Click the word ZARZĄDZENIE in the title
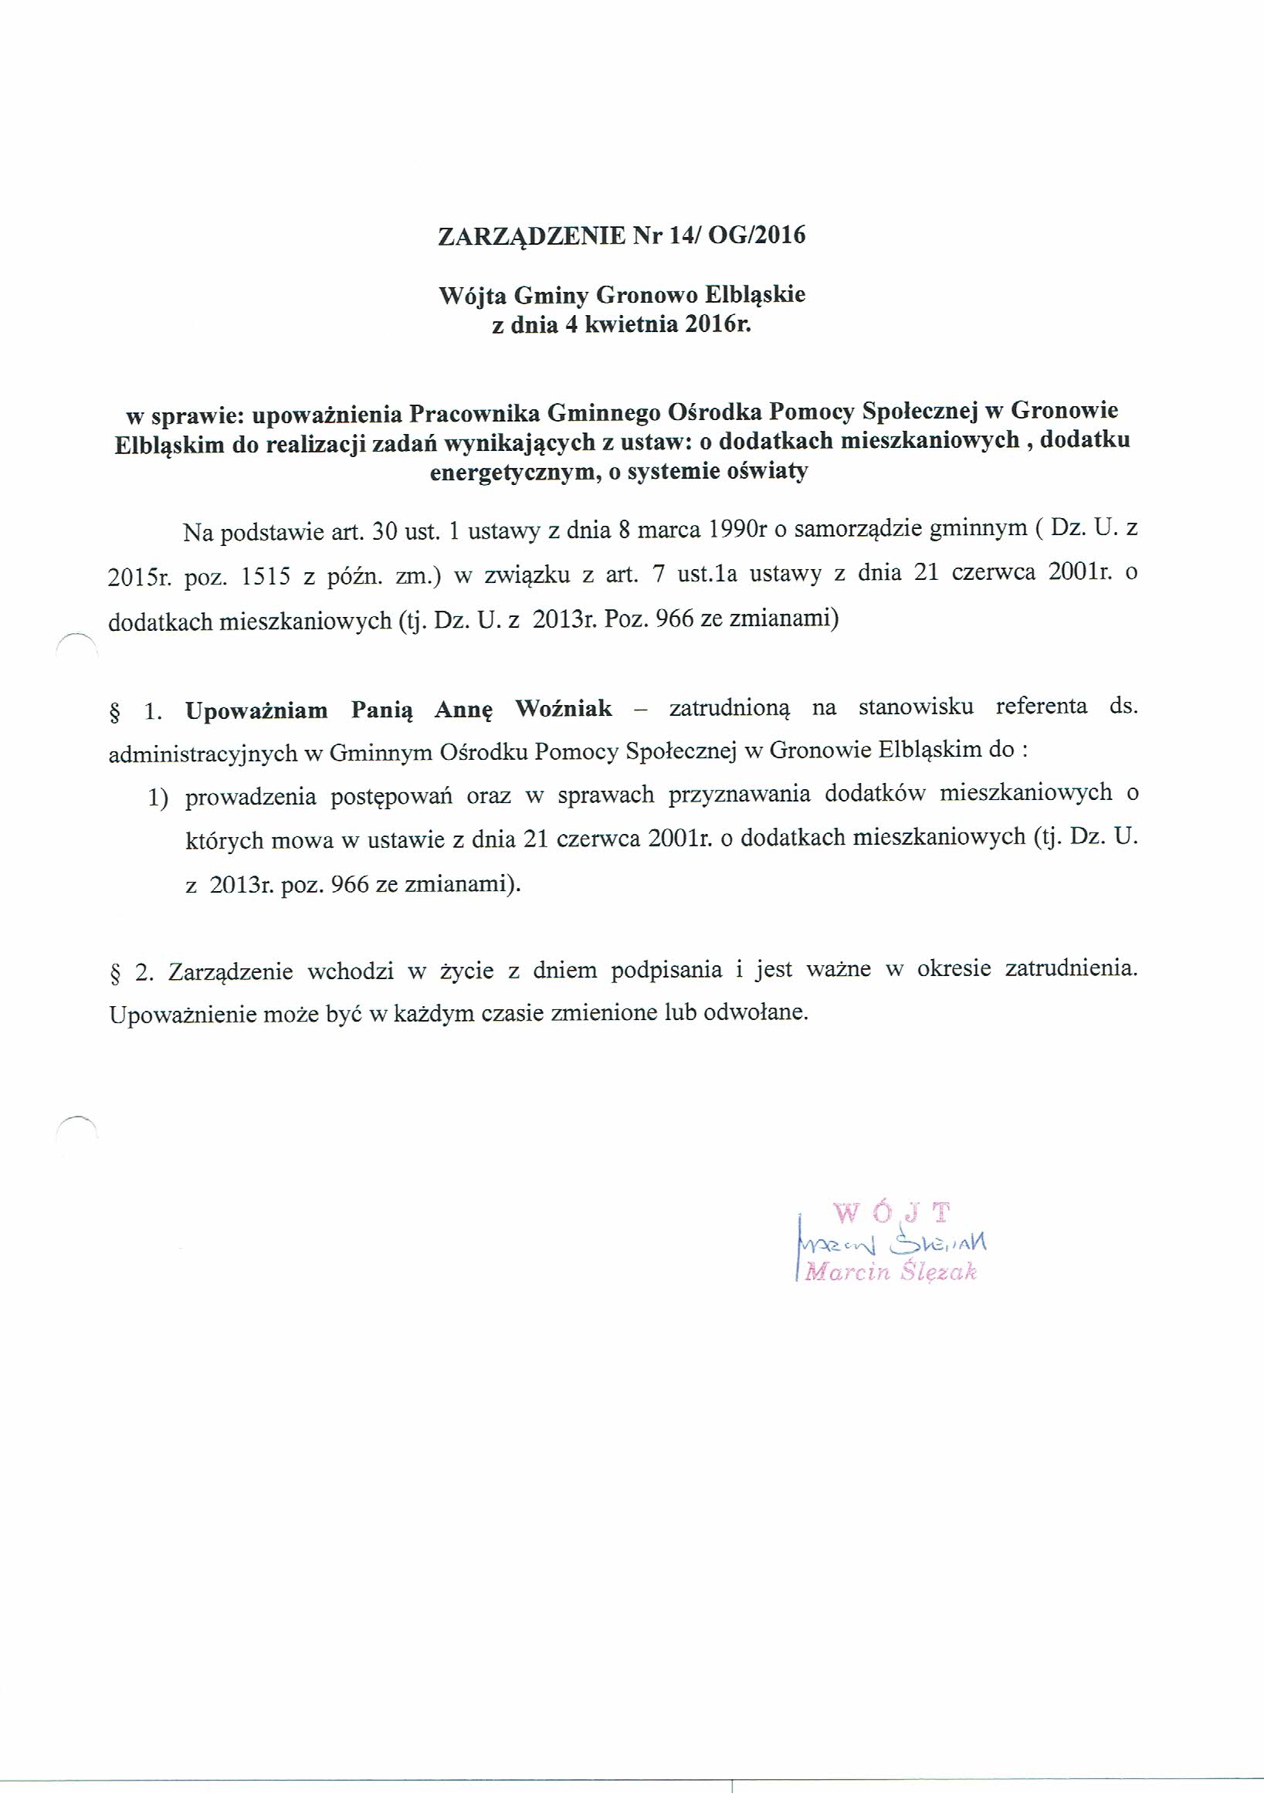pos(532,236)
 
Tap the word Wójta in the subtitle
pos(467,295)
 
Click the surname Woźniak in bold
pos(564,709)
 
